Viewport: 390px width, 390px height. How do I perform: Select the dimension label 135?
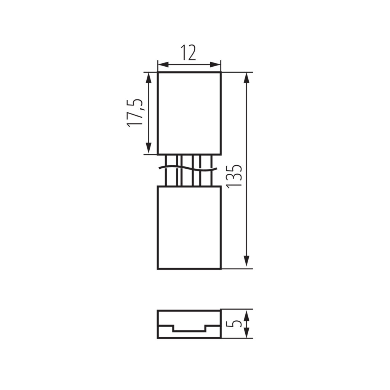[234, 176]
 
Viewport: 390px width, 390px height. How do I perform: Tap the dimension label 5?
[234, 324]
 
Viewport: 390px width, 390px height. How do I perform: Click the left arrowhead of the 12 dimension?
[163, 65]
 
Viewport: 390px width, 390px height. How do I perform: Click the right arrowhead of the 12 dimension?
[215, 65]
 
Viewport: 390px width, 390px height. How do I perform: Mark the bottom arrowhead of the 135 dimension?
[246, 261]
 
